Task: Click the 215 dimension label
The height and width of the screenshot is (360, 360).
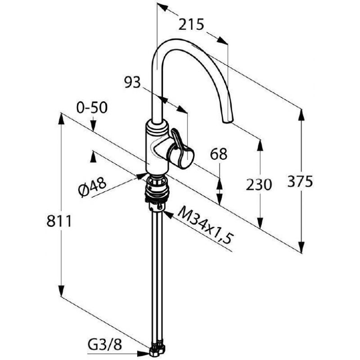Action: click(x=191, y=25)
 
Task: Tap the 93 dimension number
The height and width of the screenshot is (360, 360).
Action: click(x=132, y=82)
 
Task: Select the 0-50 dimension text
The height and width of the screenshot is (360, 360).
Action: click(x=92, y=108)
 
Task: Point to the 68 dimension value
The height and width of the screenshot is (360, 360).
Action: click(x=219, y=154)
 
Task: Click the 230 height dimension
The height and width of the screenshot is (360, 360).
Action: click(x=259, y=185)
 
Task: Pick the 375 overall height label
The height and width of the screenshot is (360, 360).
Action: click(x=300, y=181)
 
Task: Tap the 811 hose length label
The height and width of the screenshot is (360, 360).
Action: click(x=59, y=221)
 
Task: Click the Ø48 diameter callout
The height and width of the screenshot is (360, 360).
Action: click(x=92, y=187)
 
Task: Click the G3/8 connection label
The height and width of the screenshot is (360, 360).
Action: click(x=105, y=345)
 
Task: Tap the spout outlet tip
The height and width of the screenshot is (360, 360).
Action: click(x=227, y=121)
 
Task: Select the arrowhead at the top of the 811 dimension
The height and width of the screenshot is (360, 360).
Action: click(x=61, y=119)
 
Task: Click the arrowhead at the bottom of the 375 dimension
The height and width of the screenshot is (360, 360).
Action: click(x=301, y=247)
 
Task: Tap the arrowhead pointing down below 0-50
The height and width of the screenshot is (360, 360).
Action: click(x=93, y=126)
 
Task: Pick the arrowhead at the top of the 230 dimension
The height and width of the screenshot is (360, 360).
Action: click(x=261, y=145)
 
